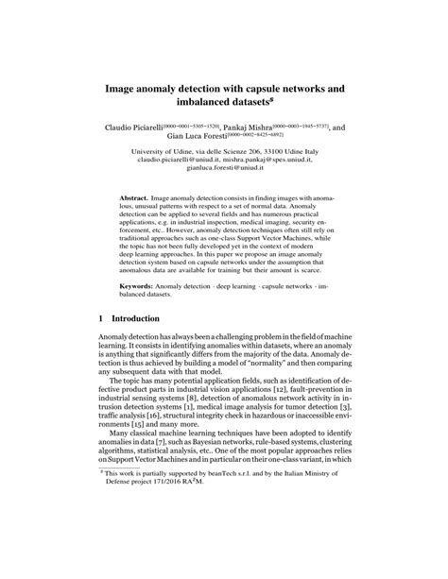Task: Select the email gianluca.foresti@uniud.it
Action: pos(225,167)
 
